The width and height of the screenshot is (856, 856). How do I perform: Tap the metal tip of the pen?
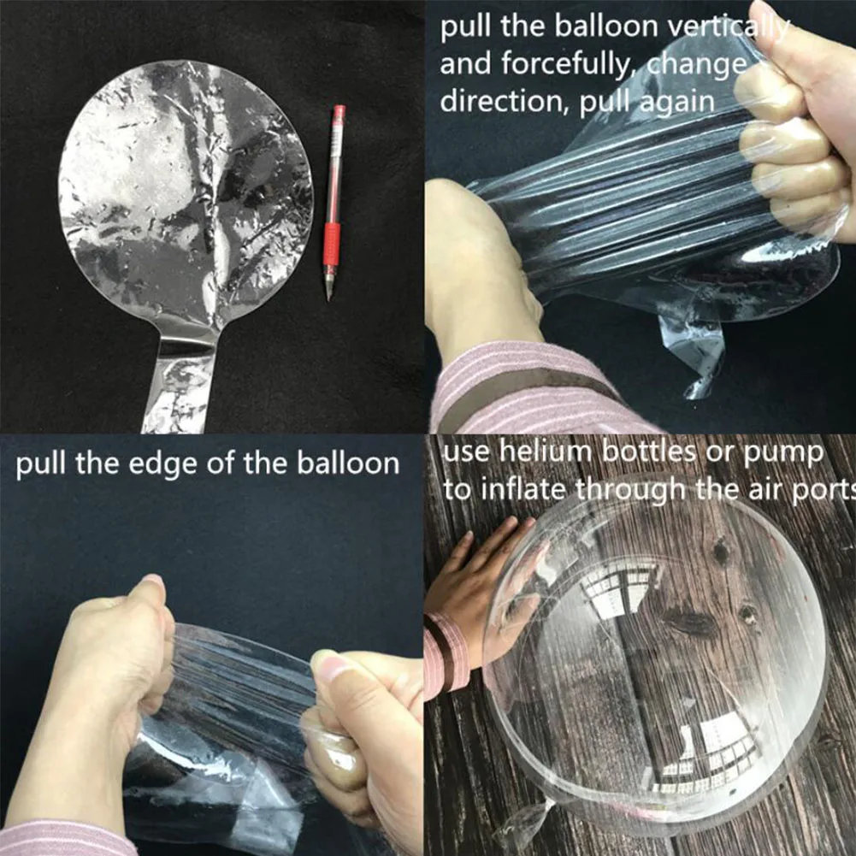[328, 293]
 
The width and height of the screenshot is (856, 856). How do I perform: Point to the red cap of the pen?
[339, 114]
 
